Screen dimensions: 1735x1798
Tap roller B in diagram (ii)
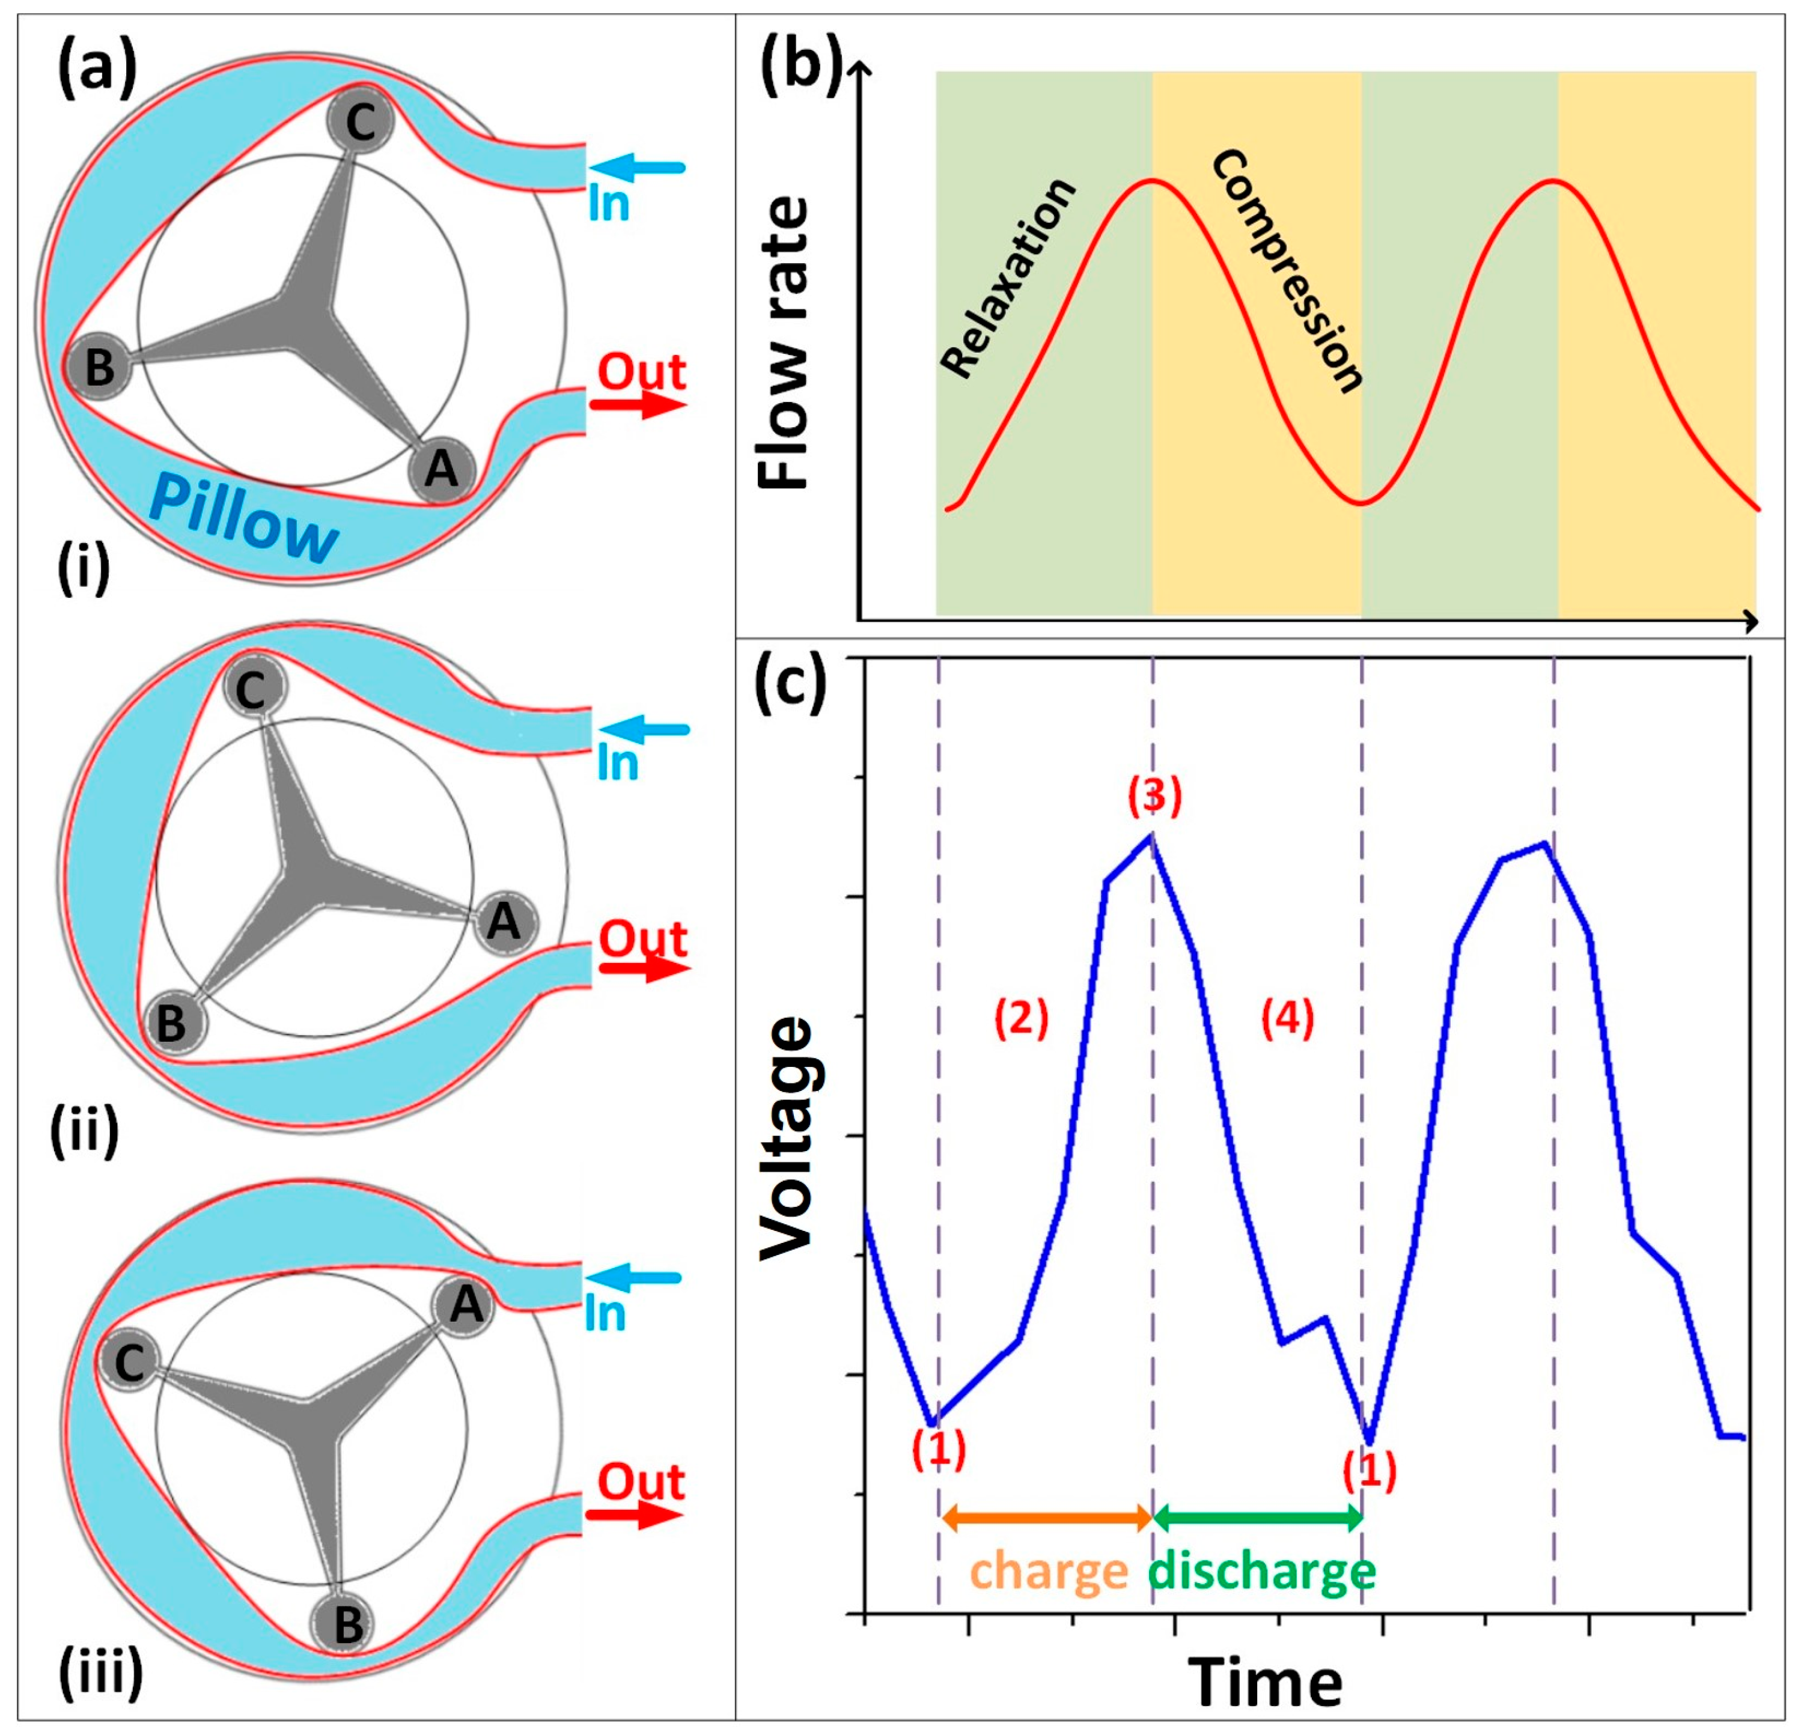click(172, 1023)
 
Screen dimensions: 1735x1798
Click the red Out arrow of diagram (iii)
click(635, 1515)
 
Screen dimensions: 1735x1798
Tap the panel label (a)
click(96, 71)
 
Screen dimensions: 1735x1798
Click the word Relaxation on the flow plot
click(1007, 277)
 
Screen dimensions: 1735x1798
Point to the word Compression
click(1286, 272)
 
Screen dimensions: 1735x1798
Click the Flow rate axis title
click(784, 343)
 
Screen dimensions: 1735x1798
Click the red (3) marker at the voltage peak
click(1154, 796)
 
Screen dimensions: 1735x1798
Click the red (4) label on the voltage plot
click(1287, 1018)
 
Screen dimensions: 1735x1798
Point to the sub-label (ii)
click(84, 1132)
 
